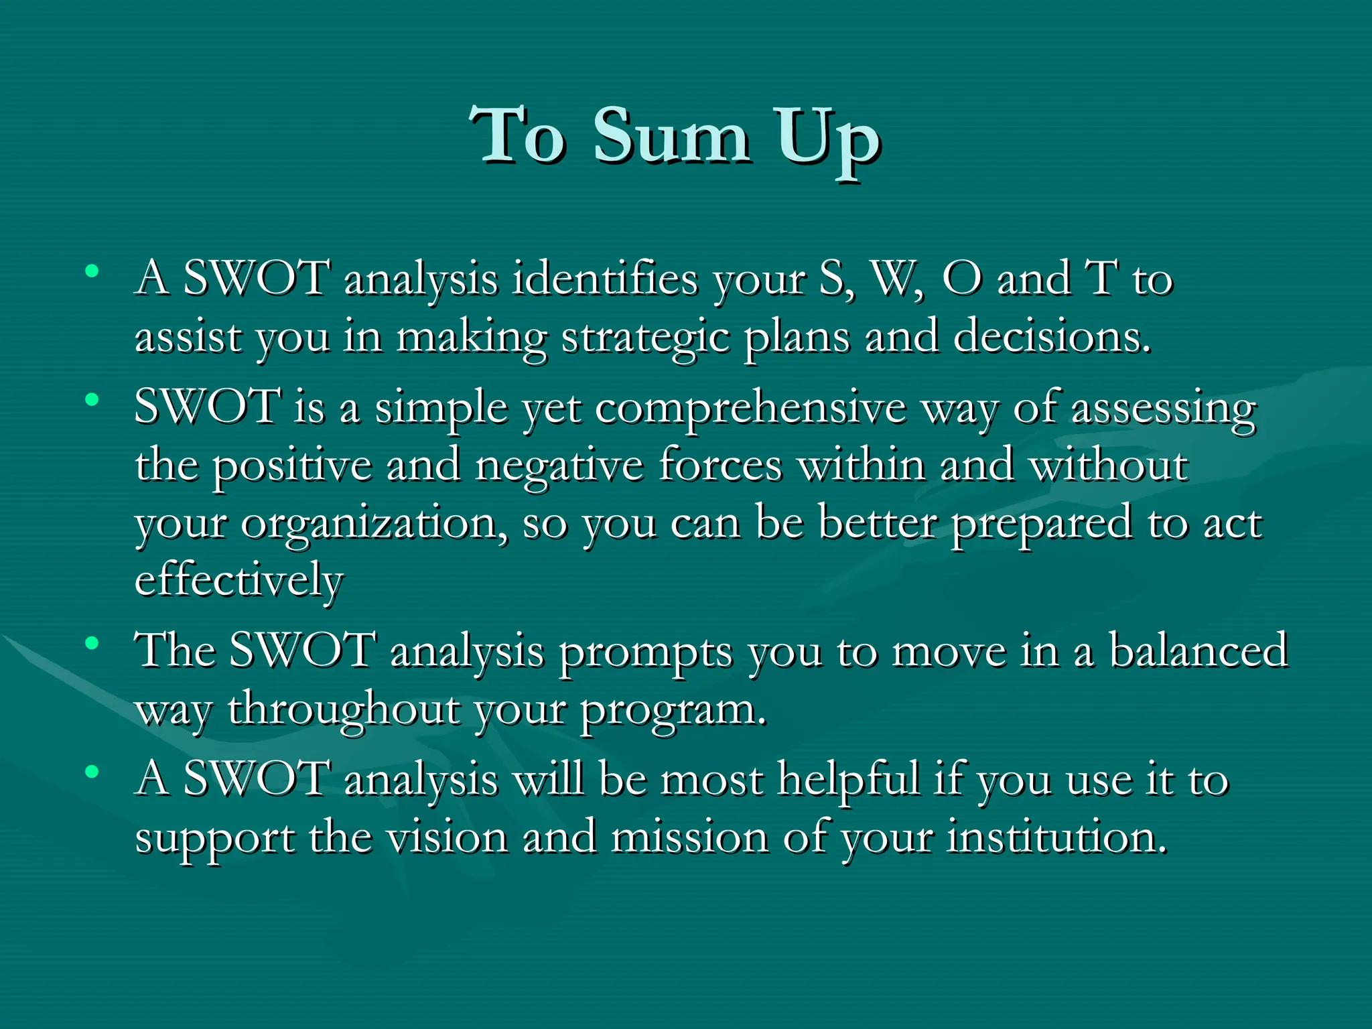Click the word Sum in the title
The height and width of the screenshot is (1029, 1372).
tap(671, 137)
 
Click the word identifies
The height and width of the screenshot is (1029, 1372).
tap(605, 278)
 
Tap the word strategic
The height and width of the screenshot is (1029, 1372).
tap(645, 337)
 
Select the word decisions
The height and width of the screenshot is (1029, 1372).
tap(1052, 336)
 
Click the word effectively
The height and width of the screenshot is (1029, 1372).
tap(239, 580)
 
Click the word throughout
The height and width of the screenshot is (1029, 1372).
tap(344, 710)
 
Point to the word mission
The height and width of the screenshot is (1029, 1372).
tap(689, 837)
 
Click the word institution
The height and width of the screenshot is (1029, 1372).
tap(1056, 837)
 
